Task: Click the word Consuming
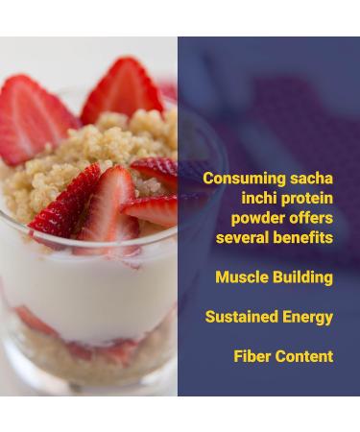246,180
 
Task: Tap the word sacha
312,180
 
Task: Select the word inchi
258,199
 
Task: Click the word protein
306,199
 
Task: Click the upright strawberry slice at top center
123,91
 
